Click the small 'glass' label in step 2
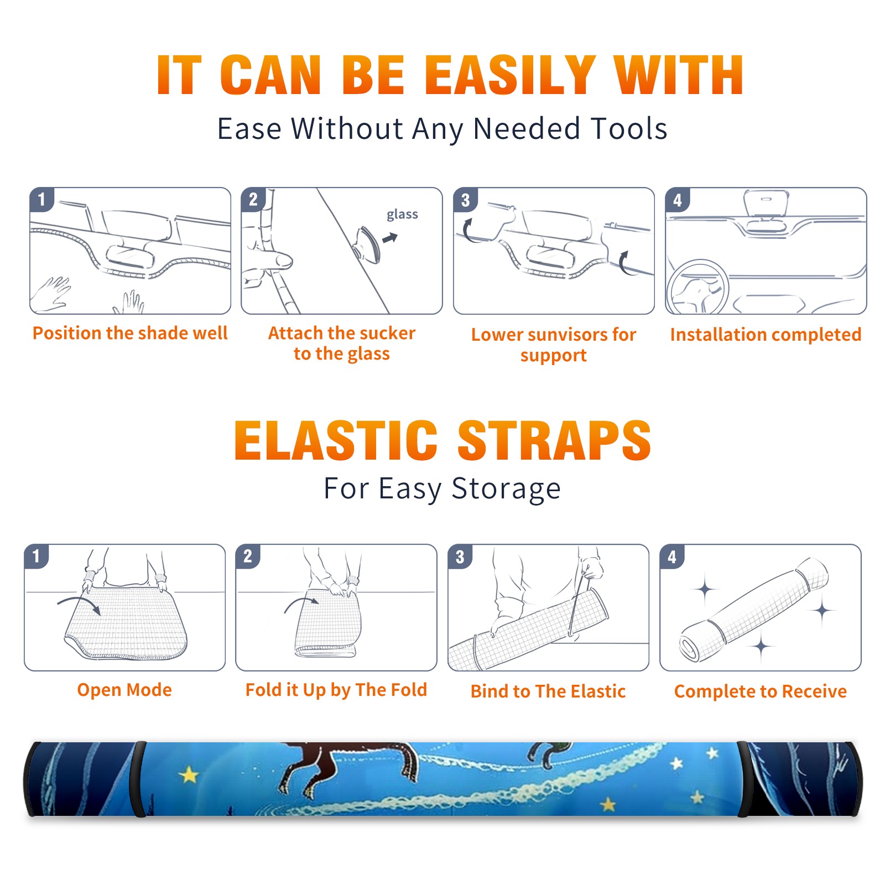point(402,215)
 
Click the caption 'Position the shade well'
point(130,333)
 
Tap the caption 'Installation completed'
point(766,335)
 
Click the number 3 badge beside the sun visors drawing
point(466,200)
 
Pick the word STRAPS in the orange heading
point(554,440)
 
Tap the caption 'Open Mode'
point(124,690)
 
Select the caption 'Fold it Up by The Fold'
point(336,690)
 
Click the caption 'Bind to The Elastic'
point(548,691)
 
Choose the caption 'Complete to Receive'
point(761,691)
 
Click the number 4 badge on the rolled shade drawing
point(672,556)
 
